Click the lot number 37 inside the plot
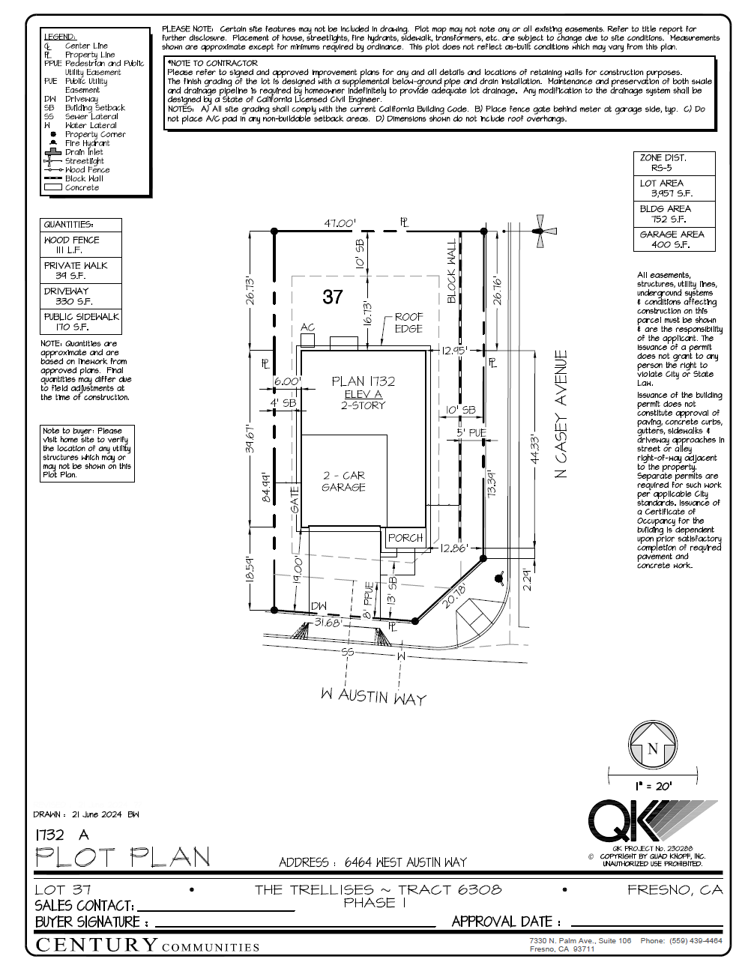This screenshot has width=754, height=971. (x=333, y=297)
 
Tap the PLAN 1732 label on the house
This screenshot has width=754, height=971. (x=364, y=381)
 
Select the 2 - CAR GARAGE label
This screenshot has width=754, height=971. (x=344, y=481)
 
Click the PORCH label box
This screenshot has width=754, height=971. (x=405, y=537)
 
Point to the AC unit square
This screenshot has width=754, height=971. (x=307, y=339)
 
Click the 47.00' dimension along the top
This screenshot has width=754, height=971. (x=340, y=223)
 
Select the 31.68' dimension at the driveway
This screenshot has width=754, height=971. (x=328, y=622)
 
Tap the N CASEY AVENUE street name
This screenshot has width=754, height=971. (x=561, y=414)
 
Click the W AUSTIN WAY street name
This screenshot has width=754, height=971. (x=373, y=696)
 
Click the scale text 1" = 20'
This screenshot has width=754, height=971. (x=653, y=786)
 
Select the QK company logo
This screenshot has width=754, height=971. (x=645, y=821)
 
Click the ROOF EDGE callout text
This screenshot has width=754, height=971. (x=408, y=323)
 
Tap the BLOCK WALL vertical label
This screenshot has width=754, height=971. (x=451, y=272)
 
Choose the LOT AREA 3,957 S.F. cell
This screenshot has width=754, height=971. (x=674, y=188)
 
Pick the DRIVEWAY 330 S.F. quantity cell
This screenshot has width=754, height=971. (x=80, y=296)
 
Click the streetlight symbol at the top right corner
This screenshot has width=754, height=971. (x=539, y=231)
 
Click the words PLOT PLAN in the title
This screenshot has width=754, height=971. (x=123, y=857)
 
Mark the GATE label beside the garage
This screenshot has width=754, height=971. (x=295, y=500)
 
